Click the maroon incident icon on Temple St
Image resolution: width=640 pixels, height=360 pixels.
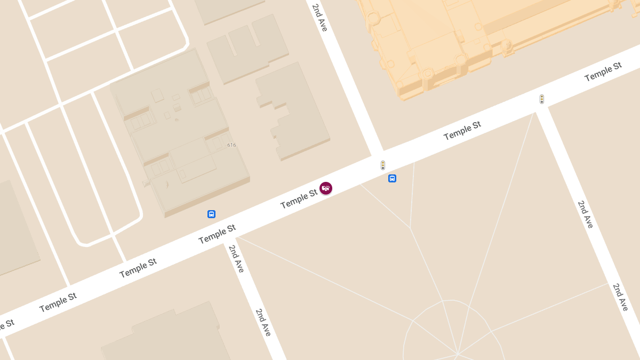click(326, 188)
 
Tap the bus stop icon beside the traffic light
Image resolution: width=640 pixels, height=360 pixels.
click(392, 179)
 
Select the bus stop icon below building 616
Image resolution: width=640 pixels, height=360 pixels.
click(211, 214)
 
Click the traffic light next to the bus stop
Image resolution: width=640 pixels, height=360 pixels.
click(383, 165)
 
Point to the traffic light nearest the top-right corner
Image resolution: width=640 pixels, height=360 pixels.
click(542, 99)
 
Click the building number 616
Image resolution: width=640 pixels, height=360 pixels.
click(231, 145)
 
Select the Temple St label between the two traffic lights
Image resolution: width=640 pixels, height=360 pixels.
click(462, 130)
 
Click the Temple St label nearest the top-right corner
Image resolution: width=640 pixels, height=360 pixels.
click(603, 72)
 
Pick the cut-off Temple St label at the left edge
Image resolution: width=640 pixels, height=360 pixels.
click(6, 324)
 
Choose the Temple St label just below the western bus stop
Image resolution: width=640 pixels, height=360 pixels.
click(217, 234)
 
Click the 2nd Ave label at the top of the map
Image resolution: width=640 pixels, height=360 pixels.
click(320, 17)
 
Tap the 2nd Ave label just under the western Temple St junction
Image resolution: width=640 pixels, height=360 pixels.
click(236, 259)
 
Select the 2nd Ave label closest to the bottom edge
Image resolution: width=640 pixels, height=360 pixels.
click(263, 322)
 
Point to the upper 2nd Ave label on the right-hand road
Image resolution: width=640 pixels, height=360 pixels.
click(585, 214)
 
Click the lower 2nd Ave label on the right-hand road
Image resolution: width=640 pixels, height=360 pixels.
click(621, 297)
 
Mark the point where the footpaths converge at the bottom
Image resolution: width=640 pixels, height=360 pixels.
click(457, 354)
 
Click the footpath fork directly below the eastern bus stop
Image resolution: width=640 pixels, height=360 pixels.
click(410, 228)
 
